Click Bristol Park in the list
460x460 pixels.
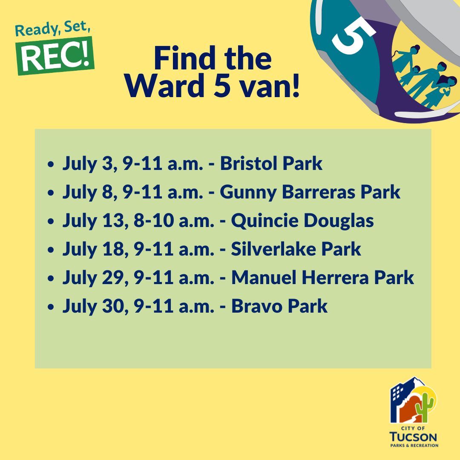[x=271, y=164]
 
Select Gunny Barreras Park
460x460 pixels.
[x=310, y=192]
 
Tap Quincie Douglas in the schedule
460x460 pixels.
[x=302, y=221]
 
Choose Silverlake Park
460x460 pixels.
[x=296, y=249]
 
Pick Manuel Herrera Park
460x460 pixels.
[x=322, y=278]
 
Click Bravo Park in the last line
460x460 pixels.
[x=279, y=306]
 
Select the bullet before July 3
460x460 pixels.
[x=51, y=164]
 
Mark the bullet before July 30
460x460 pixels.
[x=51, y=307]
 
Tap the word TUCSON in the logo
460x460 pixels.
[x=414, y=437]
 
